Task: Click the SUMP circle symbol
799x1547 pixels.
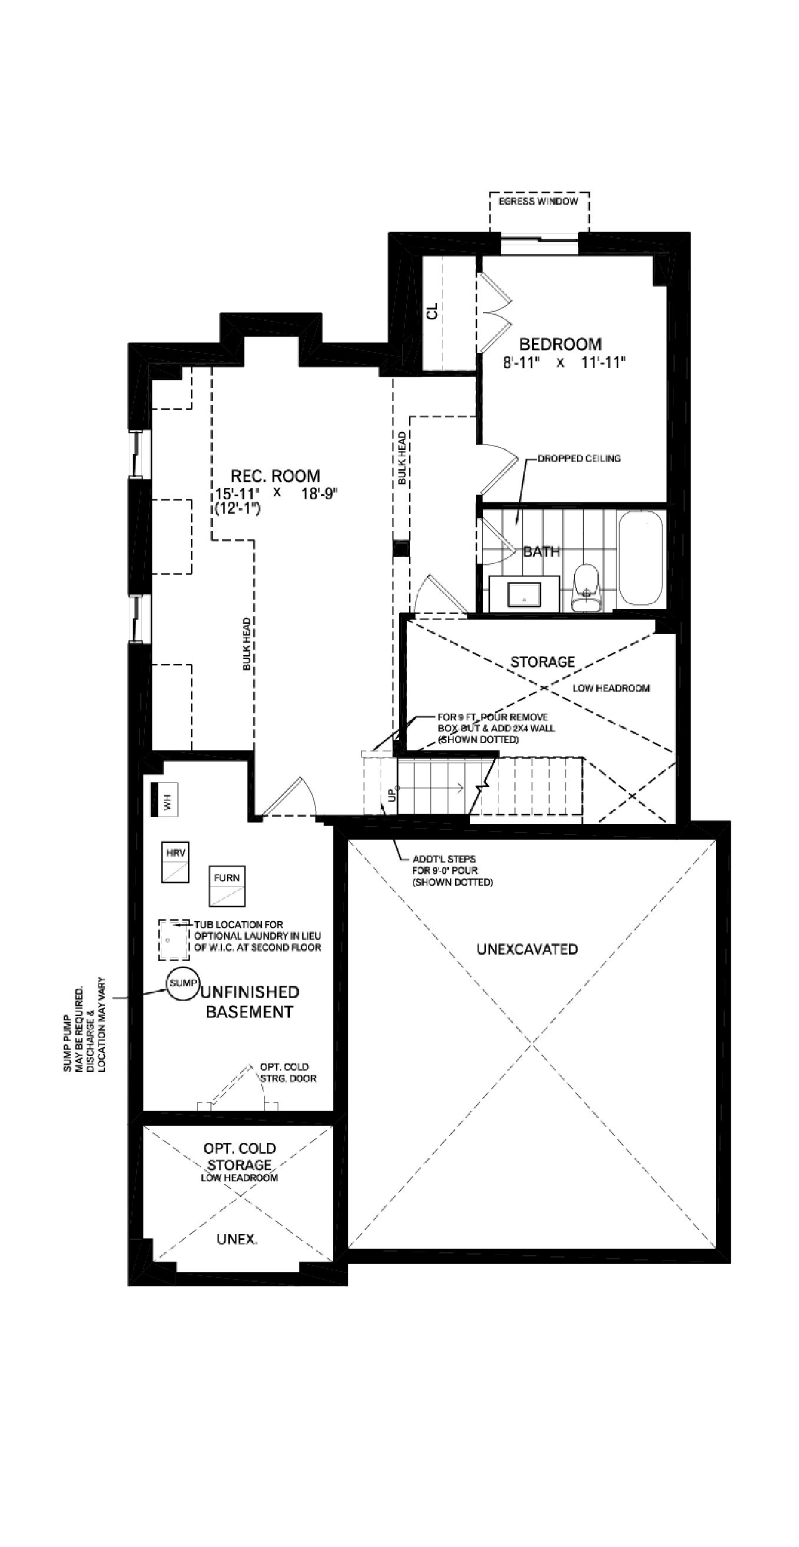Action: (183, 984)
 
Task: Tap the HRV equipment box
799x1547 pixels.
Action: (175, 862)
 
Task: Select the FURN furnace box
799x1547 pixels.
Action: (227, 886)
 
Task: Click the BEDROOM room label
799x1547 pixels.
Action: (560, 344)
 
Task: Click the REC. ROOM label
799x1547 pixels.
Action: (276, 476)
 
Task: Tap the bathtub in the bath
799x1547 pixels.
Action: (640, 558)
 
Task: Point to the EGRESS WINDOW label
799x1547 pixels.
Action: (539, 201)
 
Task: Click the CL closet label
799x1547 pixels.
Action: (432, 311)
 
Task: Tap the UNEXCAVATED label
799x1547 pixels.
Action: (527, 949)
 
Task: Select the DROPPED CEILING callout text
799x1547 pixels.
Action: (579, 458)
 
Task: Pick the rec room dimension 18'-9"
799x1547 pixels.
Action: (319, 493)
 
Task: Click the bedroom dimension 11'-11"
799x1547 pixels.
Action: (603, 362)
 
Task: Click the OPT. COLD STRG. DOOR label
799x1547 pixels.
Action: (288, 1072)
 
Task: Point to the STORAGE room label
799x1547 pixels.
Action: (543, 662)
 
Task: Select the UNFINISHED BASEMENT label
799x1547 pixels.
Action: (249, 1002)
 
